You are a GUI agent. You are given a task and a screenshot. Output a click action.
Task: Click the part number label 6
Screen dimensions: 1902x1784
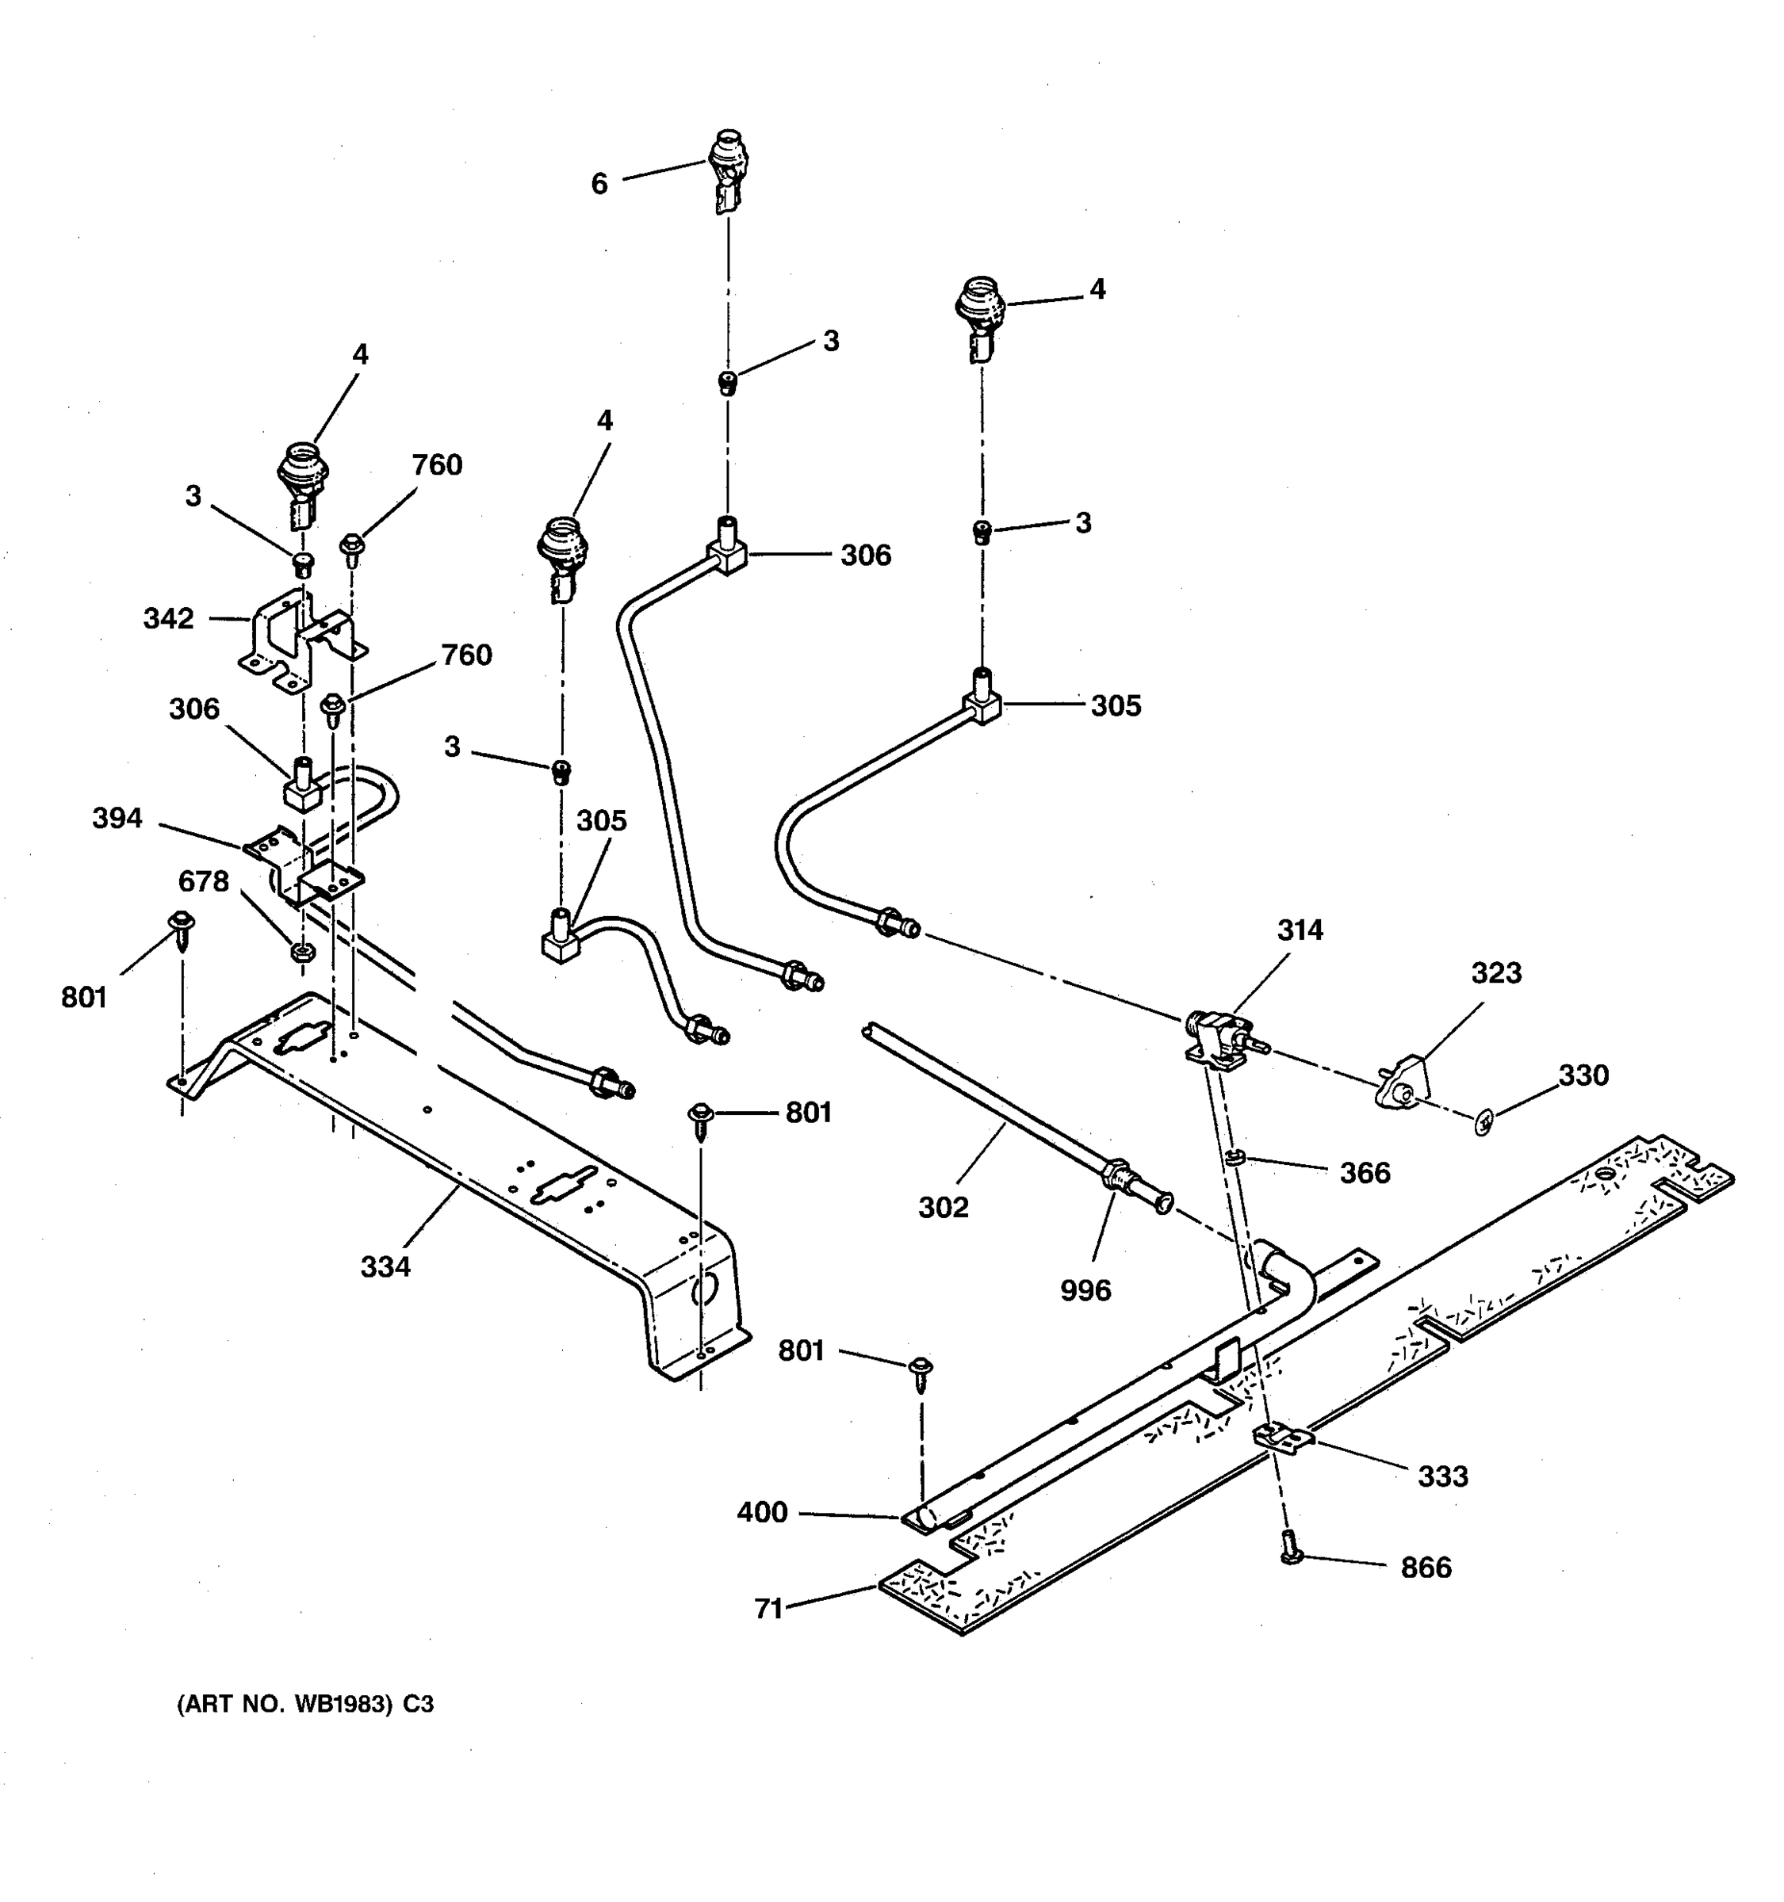(599, 184)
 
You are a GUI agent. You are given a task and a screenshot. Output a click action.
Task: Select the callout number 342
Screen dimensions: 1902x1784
(168, 619)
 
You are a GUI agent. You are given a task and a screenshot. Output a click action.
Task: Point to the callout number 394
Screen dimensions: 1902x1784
(117, 818)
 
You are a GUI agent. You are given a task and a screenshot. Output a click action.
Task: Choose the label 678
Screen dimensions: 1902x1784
(204, 881)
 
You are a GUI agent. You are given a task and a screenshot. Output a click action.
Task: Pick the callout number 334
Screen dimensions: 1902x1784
(385, 1266)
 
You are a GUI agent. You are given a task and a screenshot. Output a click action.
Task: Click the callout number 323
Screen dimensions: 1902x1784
(1496, 972)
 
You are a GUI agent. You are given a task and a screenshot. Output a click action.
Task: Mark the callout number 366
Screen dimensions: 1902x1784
(1365, 1173)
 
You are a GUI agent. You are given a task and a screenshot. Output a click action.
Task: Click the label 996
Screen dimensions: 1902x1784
(1085, 1291)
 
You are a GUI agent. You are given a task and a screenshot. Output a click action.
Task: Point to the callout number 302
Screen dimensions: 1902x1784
(944, 1208)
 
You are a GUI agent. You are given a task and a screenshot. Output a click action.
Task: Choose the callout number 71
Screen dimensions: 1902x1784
(768, 1610)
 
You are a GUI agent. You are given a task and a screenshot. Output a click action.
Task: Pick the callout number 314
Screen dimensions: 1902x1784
(1300, 930)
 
